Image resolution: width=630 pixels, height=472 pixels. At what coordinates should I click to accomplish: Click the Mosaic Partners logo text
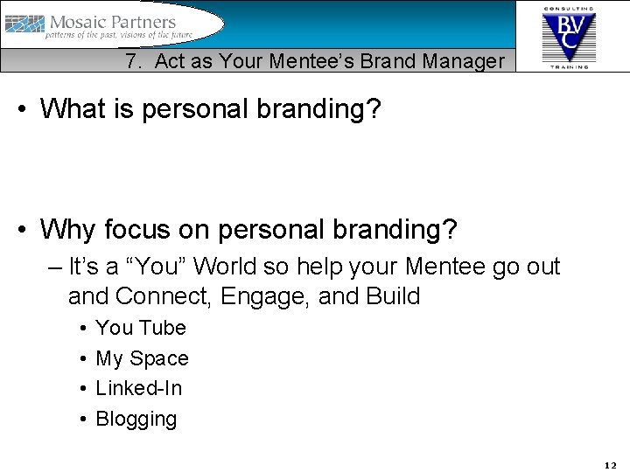113,22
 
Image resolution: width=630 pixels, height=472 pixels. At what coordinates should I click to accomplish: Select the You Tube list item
141,328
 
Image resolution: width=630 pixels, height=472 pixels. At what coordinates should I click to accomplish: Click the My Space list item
142,358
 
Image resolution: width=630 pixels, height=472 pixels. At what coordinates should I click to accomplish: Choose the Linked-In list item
138,388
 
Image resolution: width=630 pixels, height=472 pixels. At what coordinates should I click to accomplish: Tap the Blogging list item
136,419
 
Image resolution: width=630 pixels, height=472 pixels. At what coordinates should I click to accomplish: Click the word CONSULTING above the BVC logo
569,7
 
